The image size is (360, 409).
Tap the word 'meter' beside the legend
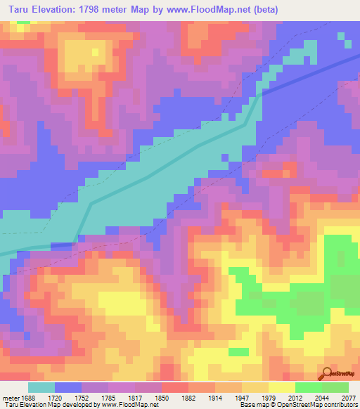pos(11,397)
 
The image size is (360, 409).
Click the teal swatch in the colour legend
pos(41,387)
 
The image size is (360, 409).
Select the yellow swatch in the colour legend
pos(281,387)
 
